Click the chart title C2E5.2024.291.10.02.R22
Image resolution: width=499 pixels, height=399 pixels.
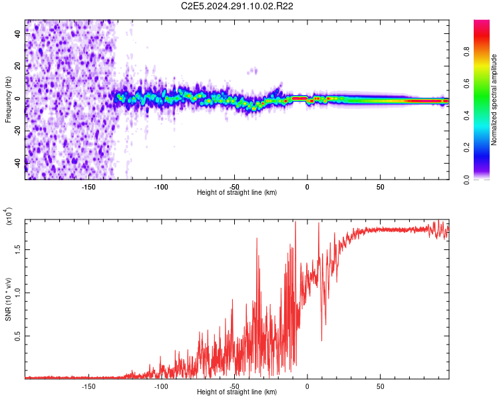pyautogui.click(x=238, y=6)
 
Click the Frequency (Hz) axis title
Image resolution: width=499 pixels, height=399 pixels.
pyautogui.click(x=8, y=99)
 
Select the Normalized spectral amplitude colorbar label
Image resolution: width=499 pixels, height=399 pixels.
pyautogui.click(x=494, y=100)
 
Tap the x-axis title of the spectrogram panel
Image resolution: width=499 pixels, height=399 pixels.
pyautogui.click(x=237, y=193)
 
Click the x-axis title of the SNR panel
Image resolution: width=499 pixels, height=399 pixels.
pyautogui.click(x=237, y=392)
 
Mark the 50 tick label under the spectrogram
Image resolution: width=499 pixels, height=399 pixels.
pyautogui.click(x=379, y=186)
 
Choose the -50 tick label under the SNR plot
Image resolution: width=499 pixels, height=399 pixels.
pyautogui.click(x=234, y=385)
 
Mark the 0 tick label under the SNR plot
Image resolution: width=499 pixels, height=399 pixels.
pyautogui.click(x=307, y=385)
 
